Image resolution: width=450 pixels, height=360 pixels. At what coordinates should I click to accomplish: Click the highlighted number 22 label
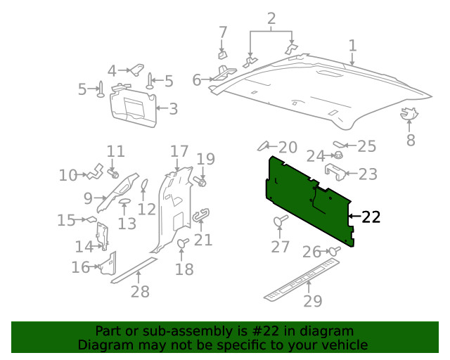371,217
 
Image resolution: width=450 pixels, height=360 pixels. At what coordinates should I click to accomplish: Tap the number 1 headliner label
352,46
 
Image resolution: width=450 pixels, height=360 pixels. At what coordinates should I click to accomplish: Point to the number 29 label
312,301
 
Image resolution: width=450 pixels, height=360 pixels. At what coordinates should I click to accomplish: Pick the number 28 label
140,291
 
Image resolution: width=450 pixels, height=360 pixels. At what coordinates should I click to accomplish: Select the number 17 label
179,151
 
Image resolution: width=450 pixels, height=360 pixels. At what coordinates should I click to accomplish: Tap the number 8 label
411,140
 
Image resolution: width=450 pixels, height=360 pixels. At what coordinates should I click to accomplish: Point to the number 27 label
281,247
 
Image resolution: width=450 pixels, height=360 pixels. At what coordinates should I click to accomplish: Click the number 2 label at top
271,18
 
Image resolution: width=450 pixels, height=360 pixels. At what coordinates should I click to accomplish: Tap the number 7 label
223,32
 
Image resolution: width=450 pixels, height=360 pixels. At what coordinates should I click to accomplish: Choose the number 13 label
127,224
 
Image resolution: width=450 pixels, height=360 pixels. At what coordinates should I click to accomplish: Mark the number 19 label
205,160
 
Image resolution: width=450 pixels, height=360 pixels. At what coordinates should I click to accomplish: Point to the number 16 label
80,267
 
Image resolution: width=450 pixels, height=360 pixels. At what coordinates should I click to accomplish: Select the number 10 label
68,175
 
